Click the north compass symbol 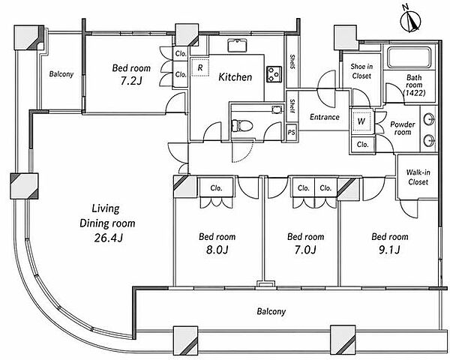411,22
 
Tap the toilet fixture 241,125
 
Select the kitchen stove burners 274,74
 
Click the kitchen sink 238,45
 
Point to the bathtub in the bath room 409,57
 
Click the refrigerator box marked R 200,67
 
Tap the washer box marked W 361,121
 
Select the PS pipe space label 291,133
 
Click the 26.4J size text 109,238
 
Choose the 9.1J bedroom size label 389,250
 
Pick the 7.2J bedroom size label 130,81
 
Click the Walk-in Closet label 418,177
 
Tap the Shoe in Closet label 361,71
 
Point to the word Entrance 325,117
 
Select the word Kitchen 235,77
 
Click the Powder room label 402,128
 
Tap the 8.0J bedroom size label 217,250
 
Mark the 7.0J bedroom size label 305,250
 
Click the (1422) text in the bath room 414,93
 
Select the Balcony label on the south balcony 271,311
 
